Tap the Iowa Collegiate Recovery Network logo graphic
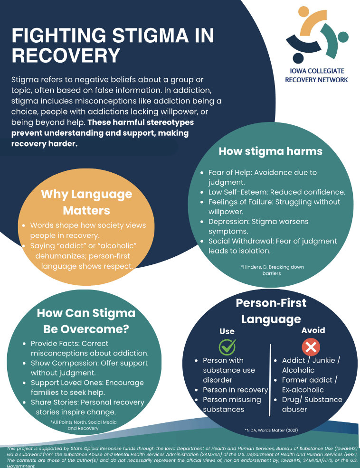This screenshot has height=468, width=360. (x=317, y=36)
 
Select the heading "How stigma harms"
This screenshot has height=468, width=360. (x=270, y=151)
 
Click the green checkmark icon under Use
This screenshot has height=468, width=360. (x=227, y=346)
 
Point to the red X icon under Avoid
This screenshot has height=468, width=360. (x=311, y=347)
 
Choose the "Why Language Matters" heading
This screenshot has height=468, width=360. (x=86, y=202)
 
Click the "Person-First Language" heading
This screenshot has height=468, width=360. (x=271, y=311)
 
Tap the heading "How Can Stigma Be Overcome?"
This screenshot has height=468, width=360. (x=86, y=321)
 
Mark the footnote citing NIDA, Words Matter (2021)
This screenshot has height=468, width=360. (x=271, y=430)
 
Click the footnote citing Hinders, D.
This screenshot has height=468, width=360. (x=272, y=270)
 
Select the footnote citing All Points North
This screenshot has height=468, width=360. (x=83, y=425)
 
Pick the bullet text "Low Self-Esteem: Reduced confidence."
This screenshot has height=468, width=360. (x=276, y=192)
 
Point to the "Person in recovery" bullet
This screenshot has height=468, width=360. (x=235, y=390)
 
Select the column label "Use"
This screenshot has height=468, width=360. (x=227, y=331)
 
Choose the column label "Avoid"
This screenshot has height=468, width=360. (x=313, y=330)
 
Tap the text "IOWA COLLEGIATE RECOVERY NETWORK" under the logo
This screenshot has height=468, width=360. (x=316, y=75)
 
